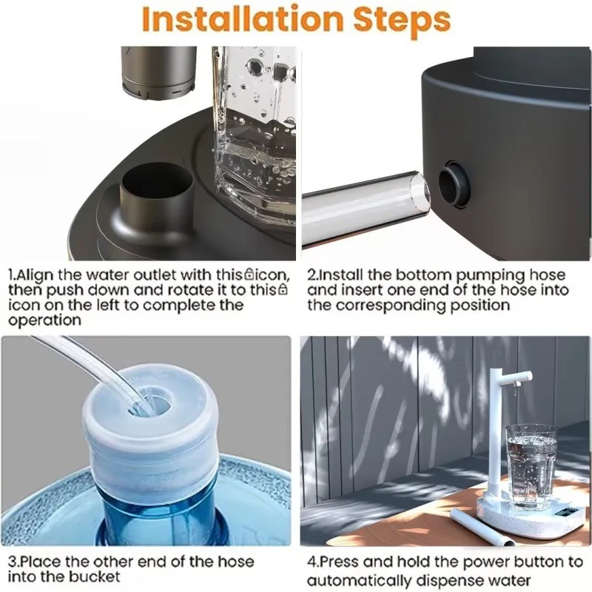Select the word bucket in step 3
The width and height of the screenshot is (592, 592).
96,577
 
